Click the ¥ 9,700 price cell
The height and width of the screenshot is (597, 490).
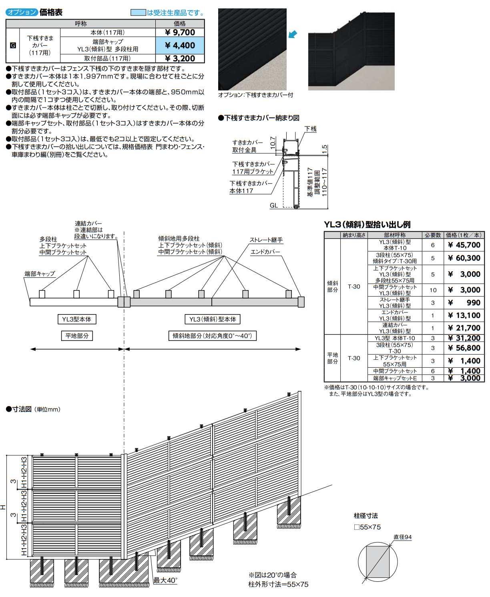[x=180, y=32]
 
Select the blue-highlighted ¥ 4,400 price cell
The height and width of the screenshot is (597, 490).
[x=180, y=46]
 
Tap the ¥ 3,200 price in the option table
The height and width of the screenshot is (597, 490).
[x=180, y=58]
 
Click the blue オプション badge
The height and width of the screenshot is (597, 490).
[x=22, y=12]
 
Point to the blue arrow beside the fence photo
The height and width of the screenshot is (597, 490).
[x=293, y=34]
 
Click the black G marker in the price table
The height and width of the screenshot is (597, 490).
[x=13, y=45]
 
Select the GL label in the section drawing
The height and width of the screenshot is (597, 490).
[x=274, y=205]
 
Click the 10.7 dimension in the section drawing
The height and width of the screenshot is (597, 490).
[x=273, y=142]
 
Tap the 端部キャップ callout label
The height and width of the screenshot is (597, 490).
[x=40, y=274]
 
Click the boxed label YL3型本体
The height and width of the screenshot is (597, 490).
[x=76, y=319]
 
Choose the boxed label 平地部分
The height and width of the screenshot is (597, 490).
[x=77, y=336]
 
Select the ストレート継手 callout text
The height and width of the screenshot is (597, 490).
[x=266, y=240]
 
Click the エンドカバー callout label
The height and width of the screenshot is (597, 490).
[x=265, y=252]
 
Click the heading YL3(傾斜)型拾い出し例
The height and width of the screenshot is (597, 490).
[x=367, y=224]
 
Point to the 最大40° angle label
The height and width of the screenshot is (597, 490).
[x=165, y=580]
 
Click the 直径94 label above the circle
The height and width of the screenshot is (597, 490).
[x=402, y=537]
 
